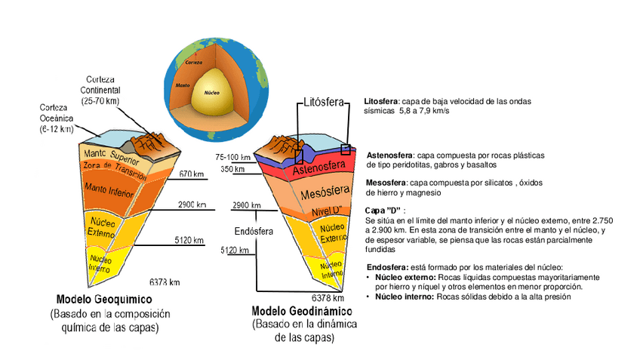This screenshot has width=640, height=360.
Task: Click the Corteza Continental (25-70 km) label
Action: tap(103, 90)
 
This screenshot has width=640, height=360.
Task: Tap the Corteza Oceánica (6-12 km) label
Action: tap(57, 118)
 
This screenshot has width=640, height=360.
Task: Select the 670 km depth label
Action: tap(192, 174)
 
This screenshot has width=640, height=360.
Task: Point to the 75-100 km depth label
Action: tap(232, 157)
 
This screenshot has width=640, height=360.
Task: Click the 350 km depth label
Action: tap(232, 169)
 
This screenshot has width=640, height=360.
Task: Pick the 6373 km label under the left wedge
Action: tap(164, 282)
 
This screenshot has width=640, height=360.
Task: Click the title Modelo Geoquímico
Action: tap(104, 297)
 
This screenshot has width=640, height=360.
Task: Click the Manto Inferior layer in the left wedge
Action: tap(108, 187)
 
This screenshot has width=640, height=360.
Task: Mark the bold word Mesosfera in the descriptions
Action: tap(385, 183)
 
